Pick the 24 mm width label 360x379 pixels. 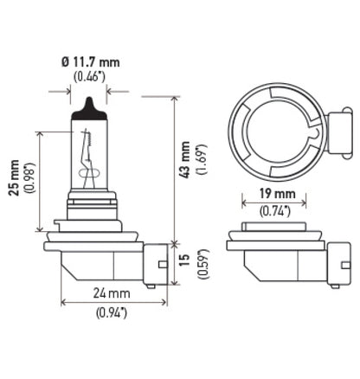pos(113,293)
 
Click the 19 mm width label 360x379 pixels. pos(275,195)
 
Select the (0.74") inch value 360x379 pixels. pos(275,210)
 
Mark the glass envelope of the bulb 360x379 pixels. pos(88,160)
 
